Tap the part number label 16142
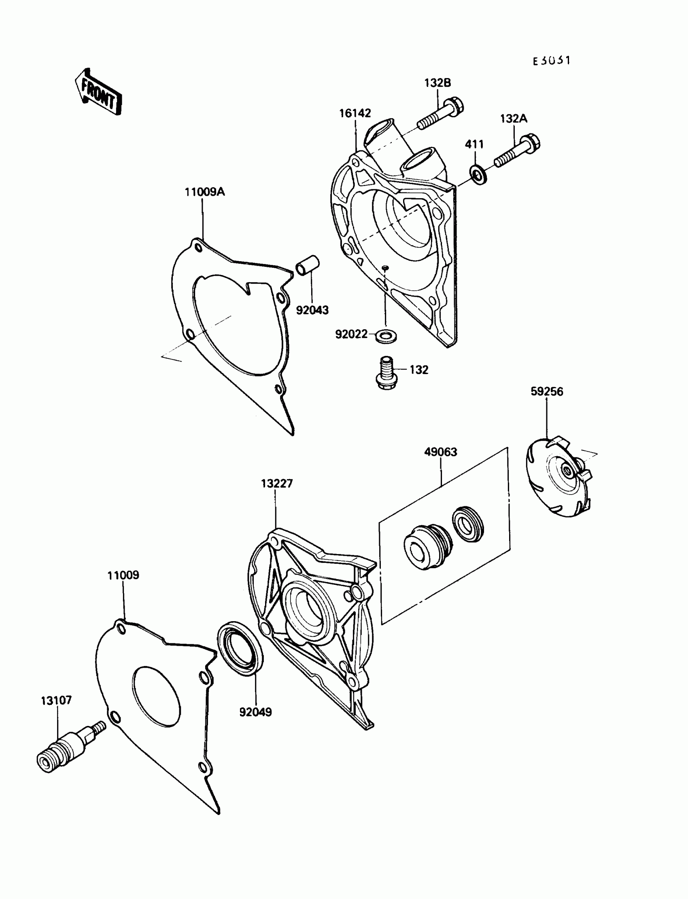[355, 113]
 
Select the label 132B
[437, 83]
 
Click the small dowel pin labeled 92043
[308, 266]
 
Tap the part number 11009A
[205, 192]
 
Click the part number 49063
[441, 452]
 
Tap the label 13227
[277, 484]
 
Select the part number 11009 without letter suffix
[123, 575]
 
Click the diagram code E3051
[551, 61]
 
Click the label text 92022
[351, 335]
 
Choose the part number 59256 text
[547, 391]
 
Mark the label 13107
[57, 700]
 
